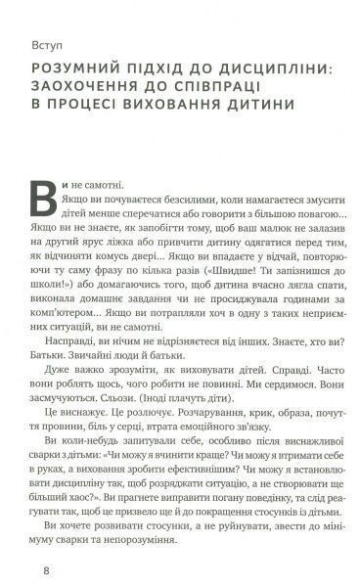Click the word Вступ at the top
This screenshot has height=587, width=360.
47,44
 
